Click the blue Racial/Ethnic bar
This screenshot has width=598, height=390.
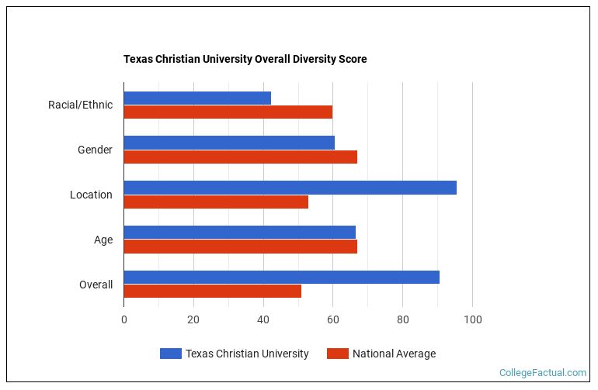tap(197, 98)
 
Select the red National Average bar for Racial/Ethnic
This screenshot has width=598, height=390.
tap(228, 112)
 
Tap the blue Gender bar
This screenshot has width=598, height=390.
tap(229, 143)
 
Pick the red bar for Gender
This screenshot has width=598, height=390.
tap(240, 157)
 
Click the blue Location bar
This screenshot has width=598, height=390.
tap(290, 188)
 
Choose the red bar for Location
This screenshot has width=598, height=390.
tap(216, 202)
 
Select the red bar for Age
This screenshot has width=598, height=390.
tap(240, 247)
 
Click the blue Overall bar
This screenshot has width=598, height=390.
tap(281, 278)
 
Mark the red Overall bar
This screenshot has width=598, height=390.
tap(212, 292)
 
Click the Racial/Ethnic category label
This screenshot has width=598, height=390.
tap(80, 105)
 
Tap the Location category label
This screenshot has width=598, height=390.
tap(91, 195)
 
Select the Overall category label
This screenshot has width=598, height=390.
tap(96, 285)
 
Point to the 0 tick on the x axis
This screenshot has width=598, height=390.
tap(123, 319)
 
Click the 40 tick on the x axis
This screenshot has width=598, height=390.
tap(263, 319)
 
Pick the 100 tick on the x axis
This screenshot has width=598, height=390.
tap(472, 319)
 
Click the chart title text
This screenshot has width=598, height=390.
tap(245, 59)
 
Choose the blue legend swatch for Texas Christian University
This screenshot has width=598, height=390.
tap(170, 354)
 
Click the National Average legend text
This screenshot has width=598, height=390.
tap(394, 354)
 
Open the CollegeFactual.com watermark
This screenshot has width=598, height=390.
tap(542, 373)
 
